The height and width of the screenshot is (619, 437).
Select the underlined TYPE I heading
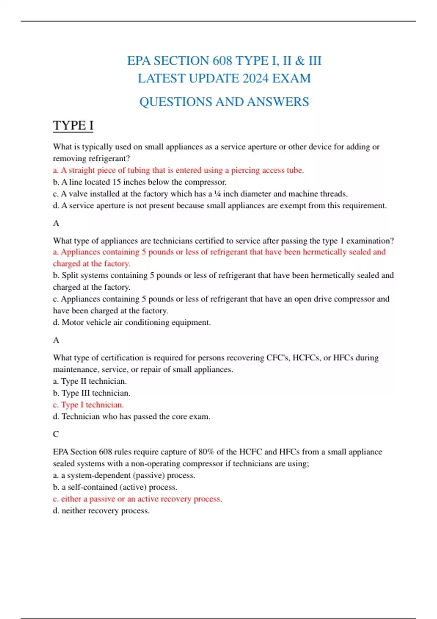click(x=73, y=125)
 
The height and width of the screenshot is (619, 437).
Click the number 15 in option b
click(x=116, y=182)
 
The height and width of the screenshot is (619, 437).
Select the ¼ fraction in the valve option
click(x=217, y=194)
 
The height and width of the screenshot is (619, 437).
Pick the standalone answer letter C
click(x=56, y=434)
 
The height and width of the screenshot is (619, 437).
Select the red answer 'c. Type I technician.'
click(x=88, y=405)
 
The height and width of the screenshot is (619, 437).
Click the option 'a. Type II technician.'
click(x=90, y=381)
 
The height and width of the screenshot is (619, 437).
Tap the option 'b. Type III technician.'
click(x=91, y=393)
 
